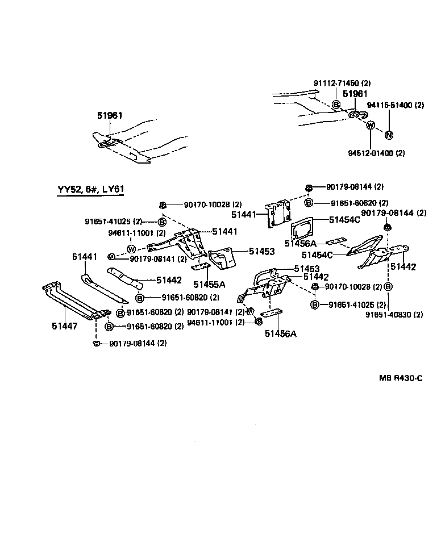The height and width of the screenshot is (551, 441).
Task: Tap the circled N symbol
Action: [x=389, y=135]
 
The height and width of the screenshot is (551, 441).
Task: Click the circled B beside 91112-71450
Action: [x=336, y=105]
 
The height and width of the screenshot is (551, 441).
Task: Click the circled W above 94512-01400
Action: [x=371, y=126]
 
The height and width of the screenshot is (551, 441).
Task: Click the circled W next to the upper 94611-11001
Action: [x=131, y=248]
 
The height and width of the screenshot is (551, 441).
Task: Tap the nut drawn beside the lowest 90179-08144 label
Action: [x=96, y=344]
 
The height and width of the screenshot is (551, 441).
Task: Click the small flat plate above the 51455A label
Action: [x=201, y=267]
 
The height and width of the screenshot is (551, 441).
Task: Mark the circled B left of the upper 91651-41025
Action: [x=161, y=222]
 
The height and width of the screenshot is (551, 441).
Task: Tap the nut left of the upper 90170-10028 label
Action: [x=163, y=204]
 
